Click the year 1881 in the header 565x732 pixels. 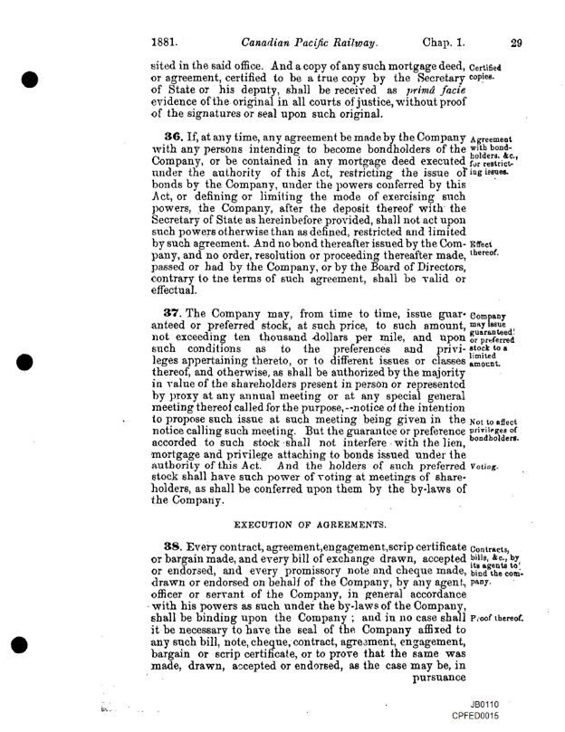(169, 41)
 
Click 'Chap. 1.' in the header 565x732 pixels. (444, 41)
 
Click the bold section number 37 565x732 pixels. (168, 312)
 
